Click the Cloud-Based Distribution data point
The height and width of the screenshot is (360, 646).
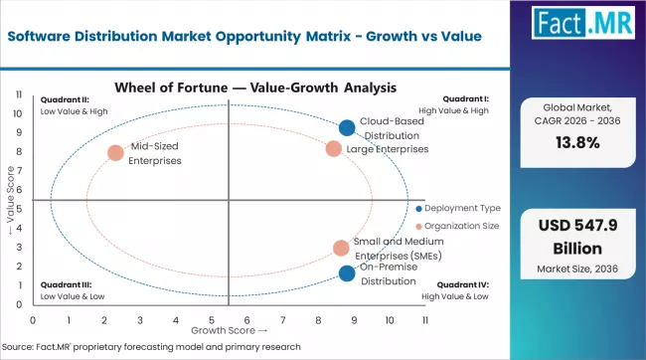coord(346,127)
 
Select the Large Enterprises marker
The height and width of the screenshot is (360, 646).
coord(334,149)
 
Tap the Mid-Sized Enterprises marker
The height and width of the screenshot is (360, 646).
coord(115,153)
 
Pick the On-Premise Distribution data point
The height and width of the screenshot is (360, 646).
coord(346,273)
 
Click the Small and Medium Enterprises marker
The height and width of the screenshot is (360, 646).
coord(341,248)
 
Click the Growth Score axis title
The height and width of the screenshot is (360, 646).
coord(229,329)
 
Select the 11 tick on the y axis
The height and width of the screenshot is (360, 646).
coord(20,94)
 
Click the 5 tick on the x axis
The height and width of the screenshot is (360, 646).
coord(211,319)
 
